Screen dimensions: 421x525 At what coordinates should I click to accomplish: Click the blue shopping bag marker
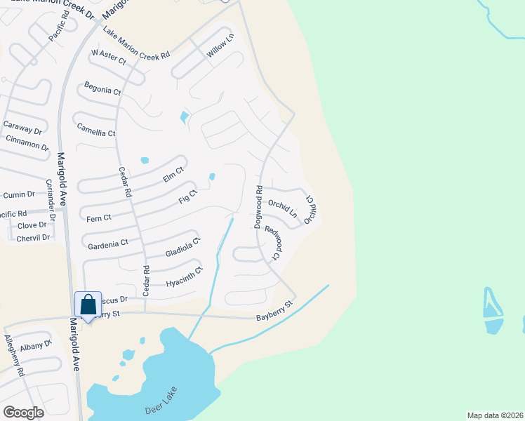point(88,305)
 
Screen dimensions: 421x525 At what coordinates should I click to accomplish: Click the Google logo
point(23,412)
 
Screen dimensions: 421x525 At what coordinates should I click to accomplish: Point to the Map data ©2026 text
point(494,415)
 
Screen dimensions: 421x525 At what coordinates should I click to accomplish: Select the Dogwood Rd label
point(258,206)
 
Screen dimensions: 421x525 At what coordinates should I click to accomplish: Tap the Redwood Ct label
point(272,243)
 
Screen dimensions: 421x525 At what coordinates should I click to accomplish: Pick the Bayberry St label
point(274,312)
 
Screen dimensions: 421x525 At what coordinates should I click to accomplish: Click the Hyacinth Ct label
point(184,277)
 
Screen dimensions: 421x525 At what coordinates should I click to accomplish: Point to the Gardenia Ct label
point(108,243)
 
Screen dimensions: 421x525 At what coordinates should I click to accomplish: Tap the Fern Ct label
point(98,218)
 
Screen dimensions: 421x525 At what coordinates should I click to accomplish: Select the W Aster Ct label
point(108,58)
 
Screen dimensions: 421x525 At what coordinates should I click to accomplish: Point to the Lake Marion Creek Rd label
point(136,43)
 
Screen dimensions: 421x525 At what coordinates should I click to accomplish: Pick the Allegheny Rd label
point(15,356)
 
